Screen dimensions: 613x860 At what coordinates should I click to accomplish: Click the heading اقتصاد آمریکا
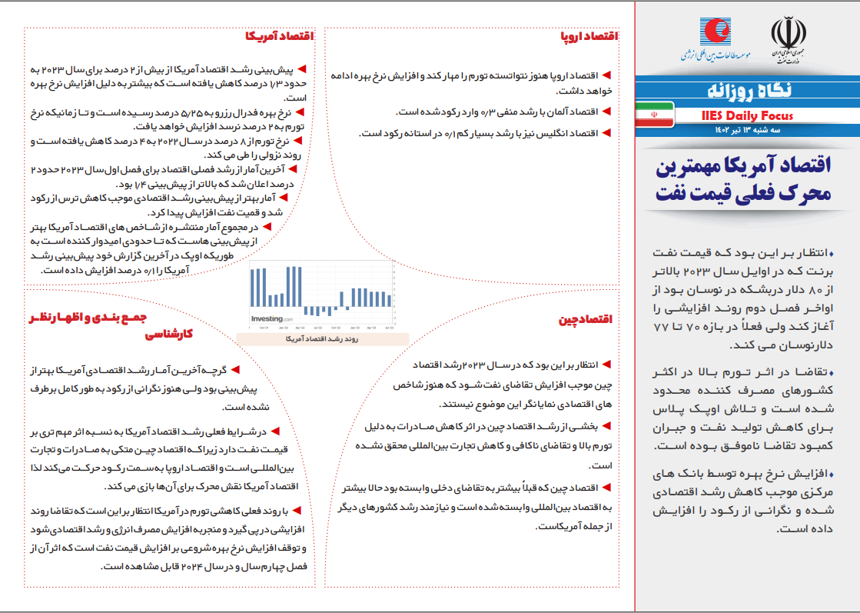point(280,35)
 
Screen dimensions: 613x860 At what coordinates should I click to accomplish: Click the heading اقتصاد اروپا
point(590,35)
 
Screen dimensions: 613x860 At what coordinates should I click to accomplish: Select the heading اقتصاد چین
point(586,320)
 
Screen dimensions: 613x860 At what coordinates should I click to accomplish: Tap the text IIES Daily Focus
point(747,115)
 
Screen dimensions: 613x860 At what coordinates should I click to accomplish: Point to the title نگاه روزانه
point(747,91)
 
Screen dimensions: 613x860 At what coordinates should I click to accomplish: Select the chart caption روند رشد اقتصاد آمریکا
point(322,338)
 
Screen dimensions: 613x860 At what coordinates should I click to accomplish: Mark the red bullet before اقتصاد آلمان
point(606,112)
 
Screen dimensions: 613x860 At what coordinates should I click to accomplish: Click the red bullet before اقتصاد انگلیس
point(606,132)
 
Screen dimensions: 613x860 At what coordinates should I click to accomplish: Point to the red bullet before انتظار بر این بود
point(606,362)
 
